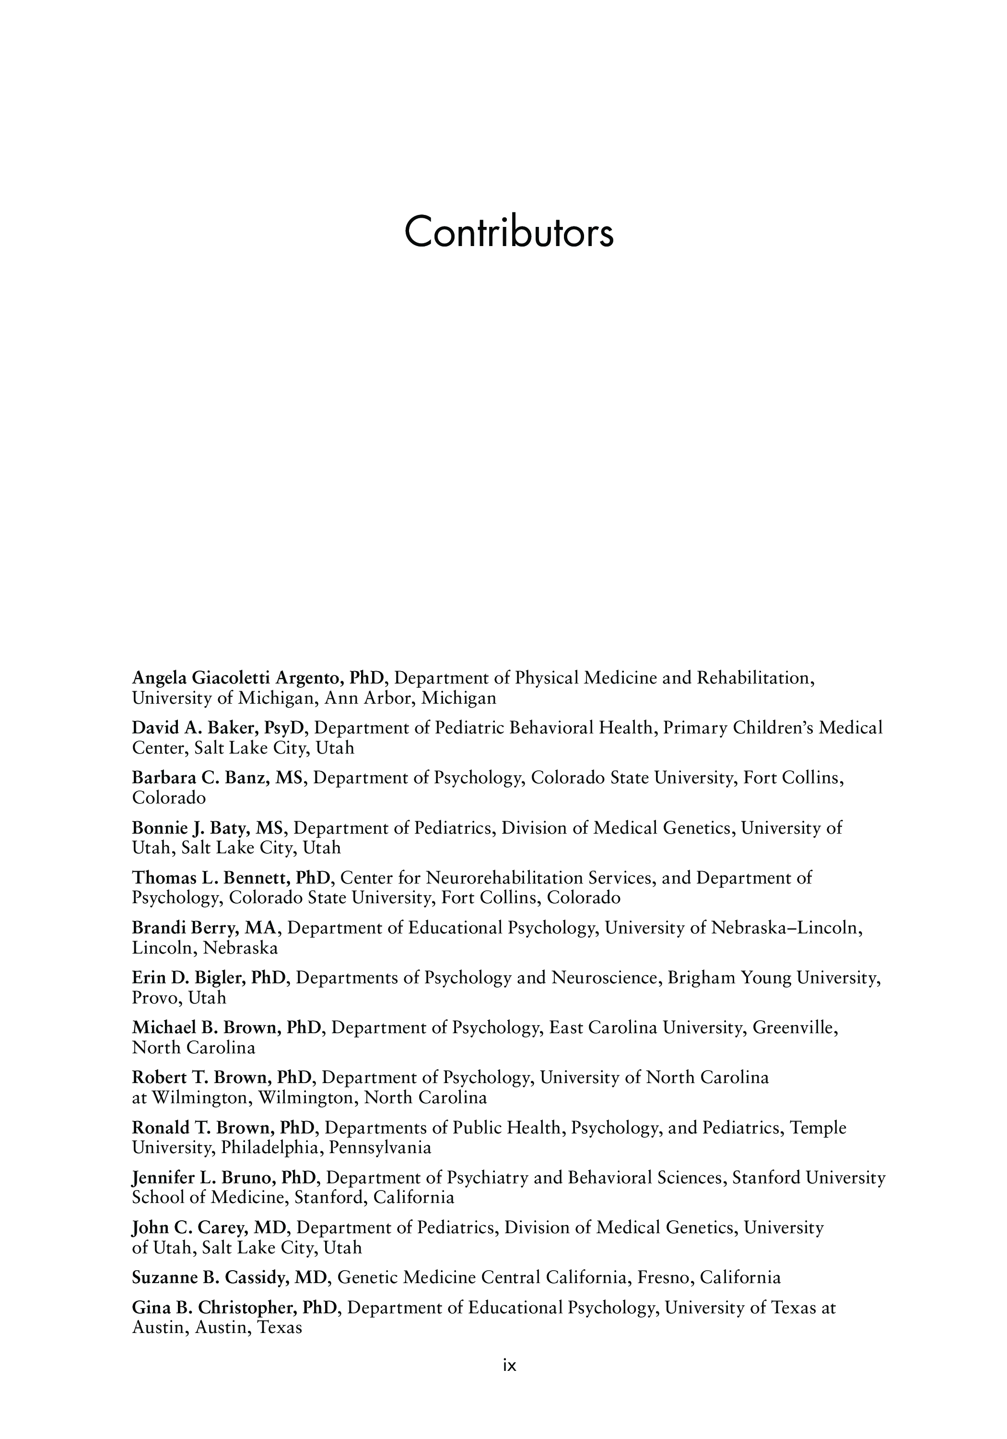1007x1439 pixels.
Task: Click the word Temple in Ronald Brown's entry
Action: click(x=817, y=1128)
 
